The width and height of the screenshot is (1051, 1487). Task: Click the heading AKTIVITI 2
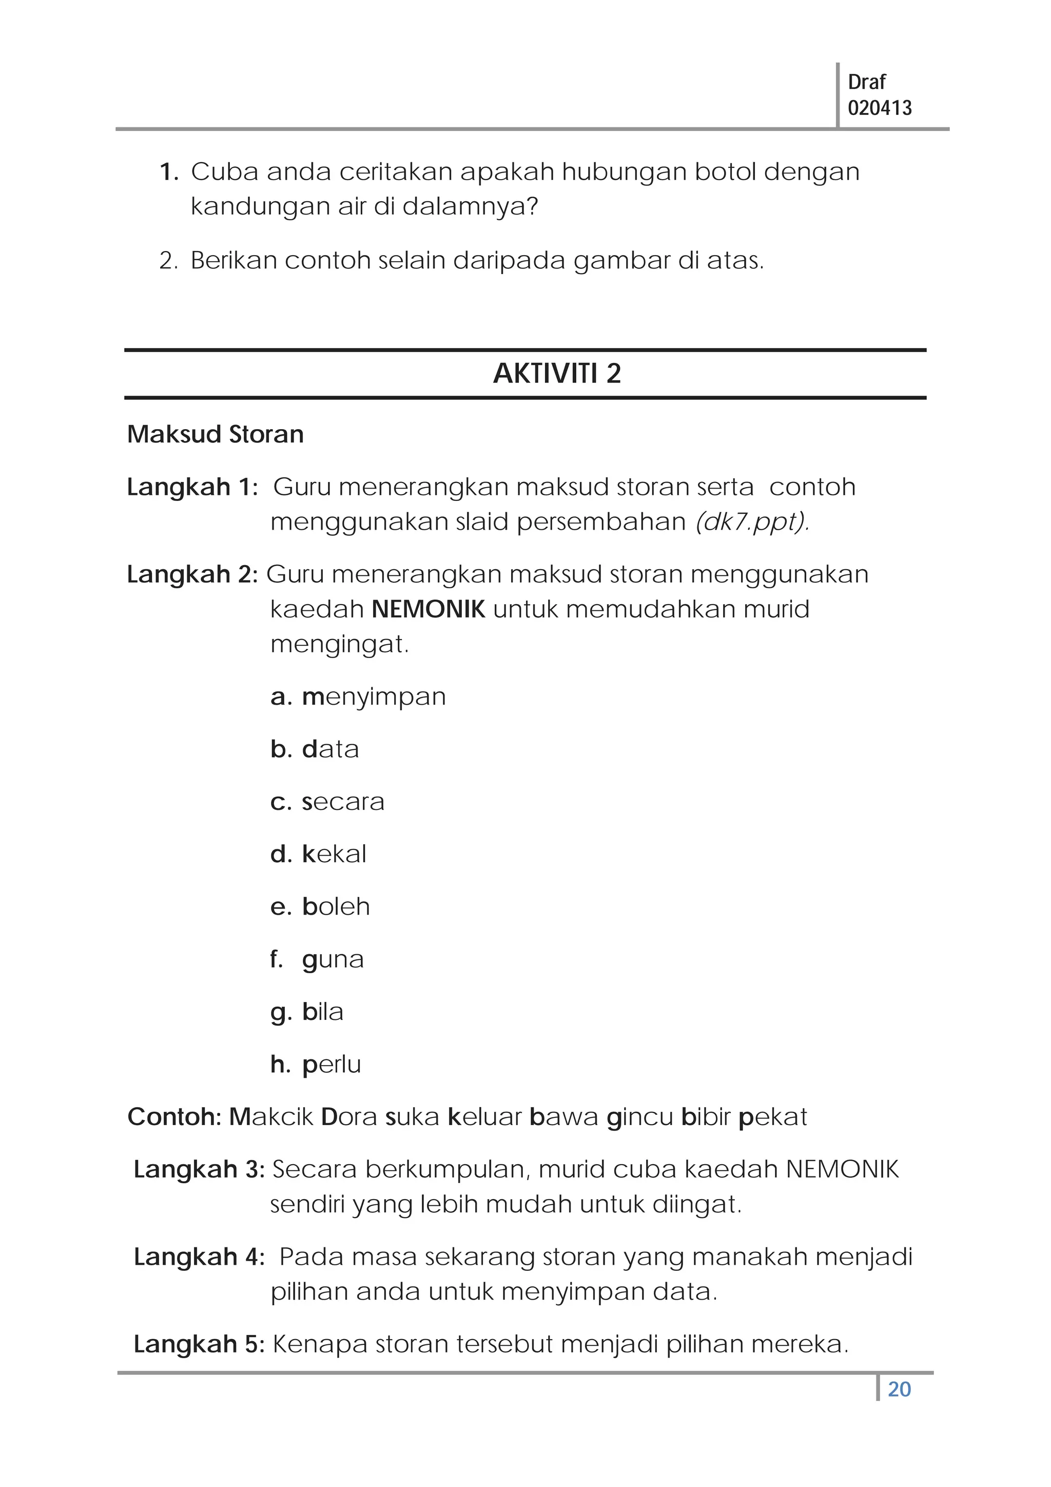pyautogui.click(x=556, y=374)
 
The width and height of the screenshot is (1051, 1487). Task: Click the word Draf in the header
pyautogui.click(x=866, y=82)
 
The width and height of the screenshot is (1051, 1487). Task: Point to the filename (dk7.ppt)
pyautogui.click(x=752, y=522)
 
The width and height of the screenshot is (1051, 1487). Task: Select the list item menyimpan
pyautogui.click(x=374, y=696)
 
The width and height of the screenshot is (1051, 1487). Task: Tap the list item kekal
pyautogui.click(x=334, y=854)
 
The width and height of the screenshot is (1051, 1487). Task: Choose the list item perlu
pyautogui.click(x=331, y=1064)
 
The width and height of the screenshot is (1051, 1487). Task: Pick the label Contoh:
pyautogui.click(x=175, y=1116)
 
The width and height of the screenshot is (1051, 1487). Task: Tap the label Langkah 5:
pyautogui.click(x=199, y=1344)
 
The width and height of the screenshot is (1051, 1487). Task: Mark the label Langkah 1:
pyautogui.click(x=192, y=487)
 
